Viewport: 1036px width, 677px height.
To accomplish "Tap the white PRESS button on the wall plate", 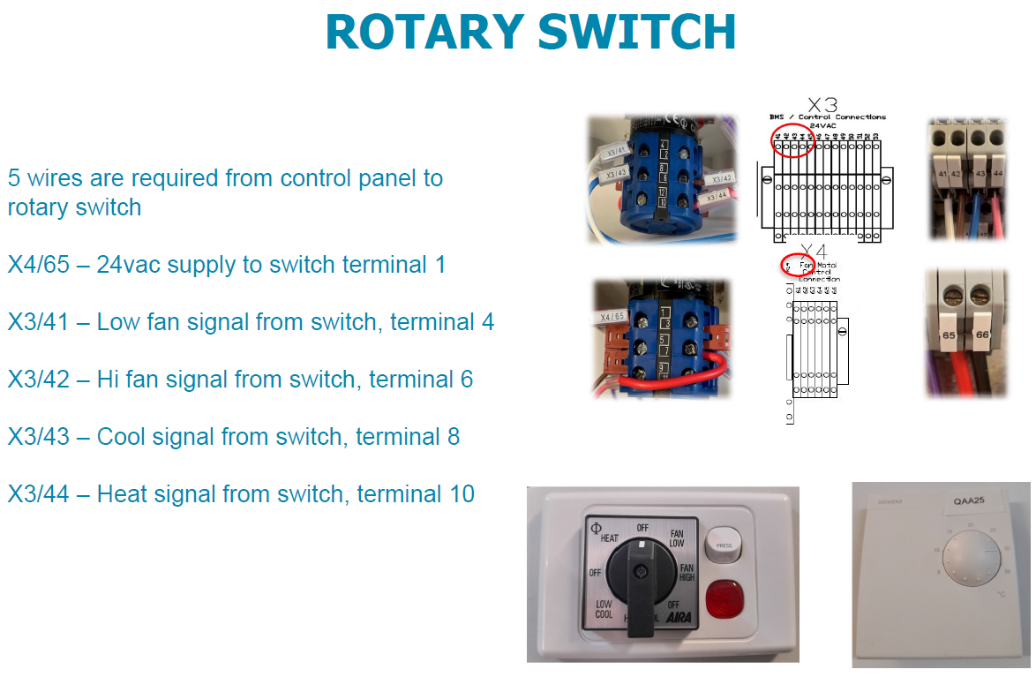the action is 724,545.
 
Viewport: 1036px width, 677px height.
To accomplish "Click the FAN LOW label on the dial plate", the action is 677,538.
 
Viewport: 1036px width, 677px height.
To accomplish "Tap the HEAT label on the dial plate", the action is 609,538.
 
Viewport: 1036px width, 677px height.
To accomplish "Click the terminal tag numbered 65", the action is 950,336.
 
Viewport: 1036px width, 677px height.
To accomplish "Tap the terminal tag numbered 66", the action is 982,336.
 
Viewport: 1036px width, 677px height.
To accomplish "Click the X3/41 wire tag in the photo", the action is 616,152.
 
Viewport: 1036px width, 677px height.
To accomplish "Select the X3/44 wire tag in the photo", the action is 717,194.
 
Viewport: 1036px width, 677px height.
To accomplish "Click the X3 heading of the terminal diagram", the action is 822,106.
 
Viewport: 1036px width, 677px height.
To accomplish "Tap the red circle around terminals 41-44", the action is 792,139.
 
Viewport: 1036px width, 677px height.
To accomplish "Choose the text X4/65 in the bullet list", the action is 38,265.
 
